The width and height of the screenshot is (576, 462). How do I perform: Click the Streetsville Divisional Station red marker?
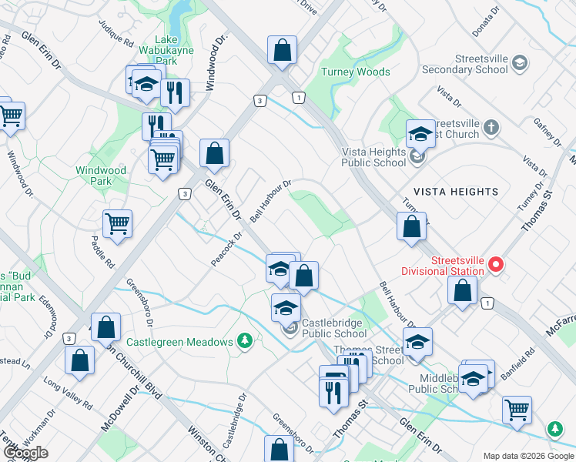coord(495,265)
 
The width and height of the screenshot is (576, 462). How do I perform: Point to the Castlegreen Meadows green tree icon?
coord(245,340)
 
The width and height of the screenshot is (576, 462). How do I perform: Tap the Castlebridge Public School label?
coord(334,328)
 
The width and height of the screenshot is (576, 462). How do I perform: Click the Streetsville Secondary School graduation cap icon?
coord(520,62)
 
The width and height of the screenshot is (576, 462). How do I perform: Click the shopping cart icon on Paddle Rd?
coord(118,223)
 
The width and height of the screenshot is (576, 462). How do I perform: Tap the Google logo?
coord(25,453)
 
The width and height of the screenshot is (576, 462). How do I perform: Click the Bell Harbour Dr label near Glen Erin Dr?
coord(270,200)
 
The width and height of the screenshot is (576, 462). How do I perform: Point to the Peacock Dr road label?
coord(227,249)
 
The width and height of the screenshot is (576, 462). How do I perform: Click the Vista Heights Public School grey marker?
coord(417,158)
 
